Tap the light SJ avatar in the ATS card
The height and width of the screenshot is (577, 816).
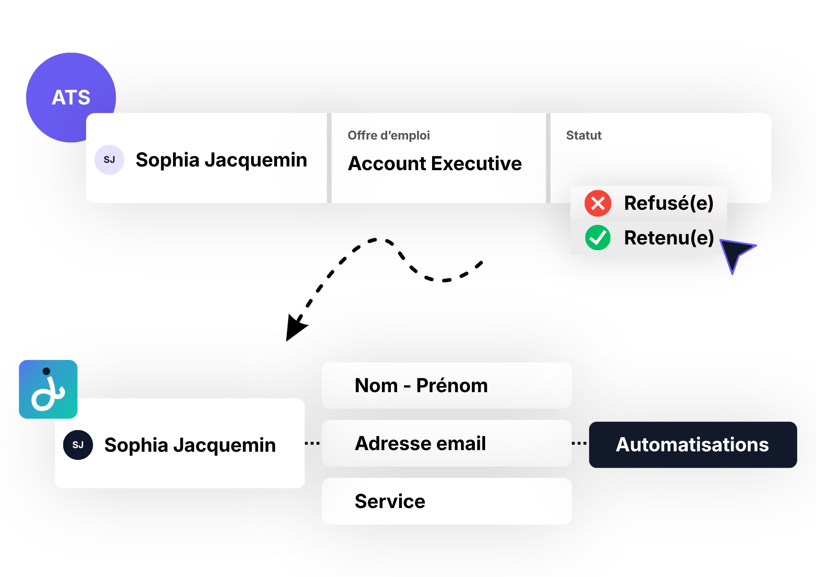click(x=109, y=160)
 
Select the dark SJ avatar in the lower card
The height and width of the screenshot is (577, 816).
click(x=78, y=445)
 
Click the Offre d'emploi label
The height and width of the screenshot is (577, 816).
click(x=388, y=135)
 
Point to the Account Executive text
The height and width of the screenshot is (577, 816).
click(x=435, y=163)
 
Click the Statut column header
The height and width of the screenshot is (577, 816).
click(x=584, y=135)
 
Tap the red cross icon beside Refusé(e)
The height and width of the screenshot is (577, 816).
click(x=598, y=203)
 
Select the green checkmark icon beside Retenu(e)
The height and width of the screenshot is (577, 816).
click(x=598, y=237)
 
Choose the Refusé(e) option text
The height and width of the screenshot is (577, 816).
click(x=669, y=203)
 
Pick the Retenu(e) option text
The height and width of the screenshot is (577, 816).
click(x=669, y=237)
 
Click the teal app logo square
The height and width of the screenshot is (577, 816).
click(x=48, y=389)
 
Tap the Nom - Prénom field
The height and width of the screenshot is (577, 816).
click(x=447, y=386)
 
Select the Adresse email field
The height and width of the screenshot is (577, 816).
click(x=447, y=443)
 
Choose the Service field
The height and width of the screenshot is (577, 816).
click(x=447, y=501)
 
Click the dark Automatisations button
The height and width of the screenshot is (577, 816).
click(x=693, y=445)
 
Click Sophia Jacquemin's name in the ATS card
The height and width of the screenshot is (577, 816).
click(x=221, y=160)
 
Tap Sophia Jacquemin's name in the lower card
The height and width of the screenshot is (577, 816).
click(x=190, y=445)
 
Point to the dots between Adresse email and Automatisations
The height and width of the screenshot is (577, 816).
click(x=579, y=443)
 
